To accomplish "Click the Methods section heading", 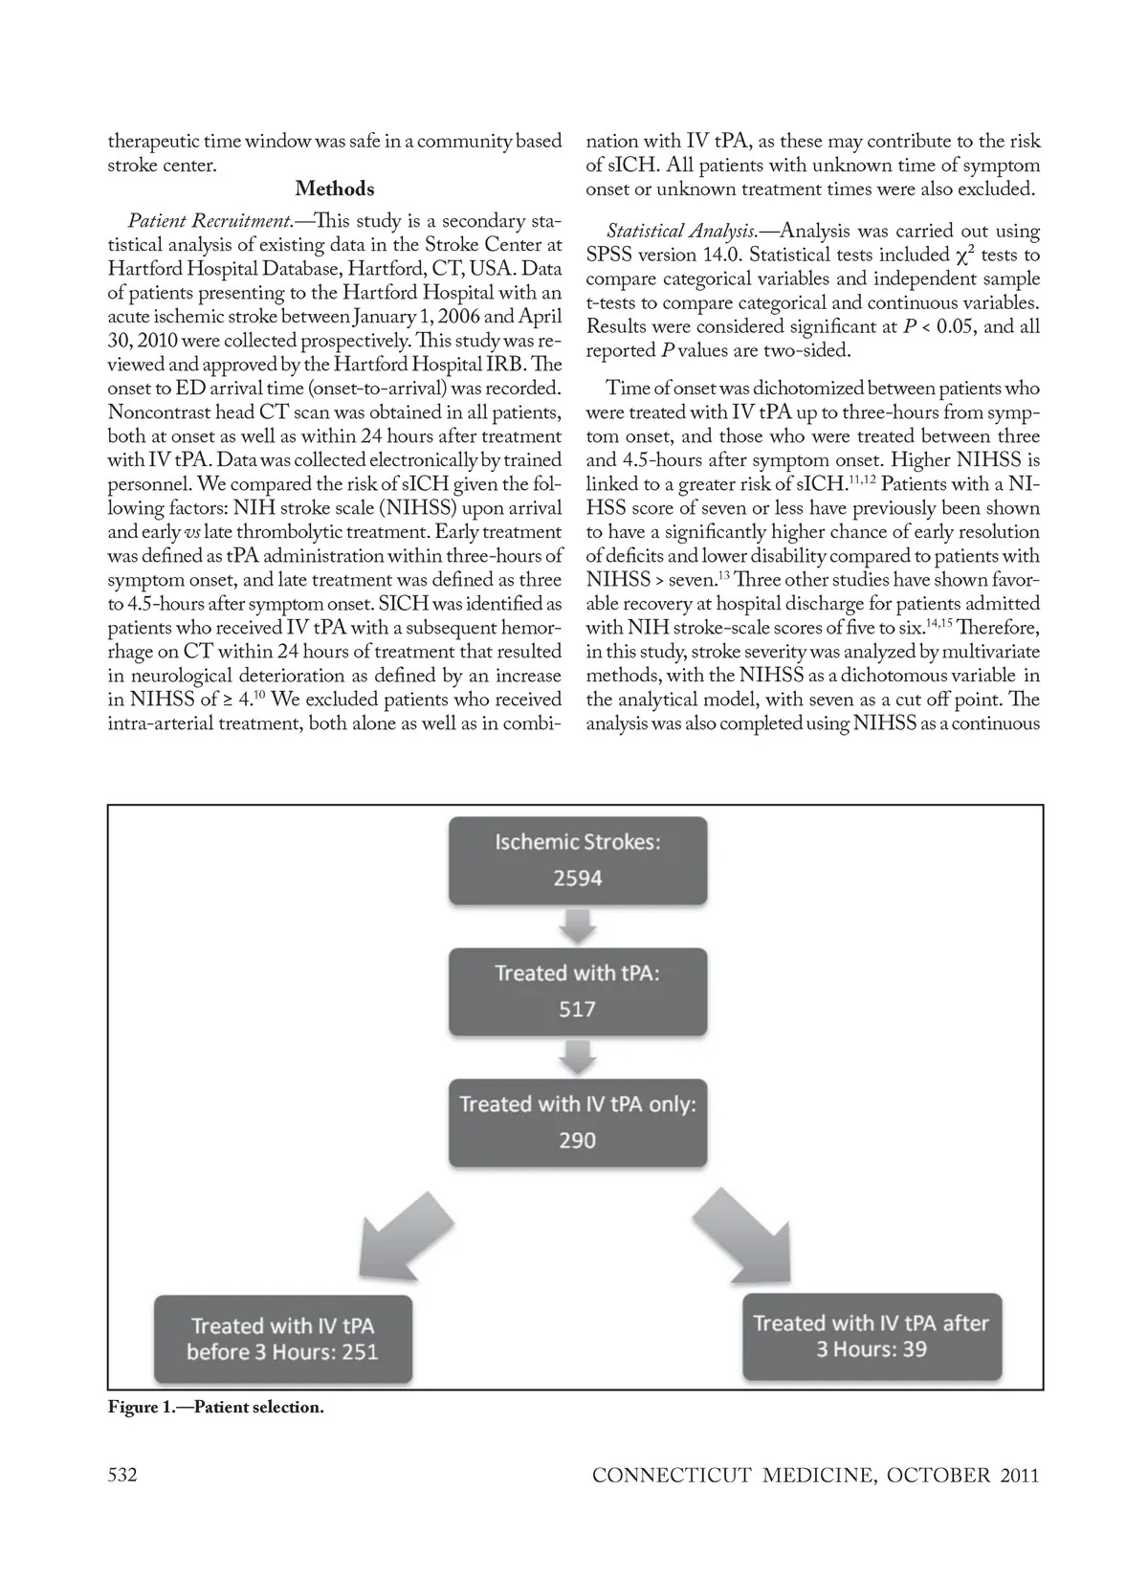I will tap(334, 189).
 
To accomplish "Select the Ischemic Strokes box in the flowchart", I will tap(578, 859).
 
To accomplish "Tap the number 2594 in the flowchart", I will tap(578, 878).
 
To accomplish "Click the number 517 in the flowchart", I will tap(578, 1010).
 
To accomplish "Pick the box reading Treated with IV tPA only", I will tap(578, 1122).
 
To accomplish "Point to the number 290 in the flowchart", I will tap(578, 1141).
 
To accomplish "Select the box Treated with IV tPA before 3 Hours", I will tap(283, 1338).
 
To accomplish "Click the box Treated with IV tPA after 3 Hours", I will tap(872, 1336).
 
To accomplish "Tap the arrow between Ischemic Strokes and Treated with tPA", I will tap(578, 925).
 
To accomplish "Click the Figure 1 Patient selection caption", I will tap(216, 1408).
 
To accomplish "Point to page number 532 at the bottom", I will tap(122, 1475).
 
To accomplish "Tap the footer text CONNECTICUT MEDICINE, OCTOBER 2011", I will tap(815, 1475).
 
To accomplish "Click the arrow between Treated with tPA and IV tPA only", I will tap(578, 1056).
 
